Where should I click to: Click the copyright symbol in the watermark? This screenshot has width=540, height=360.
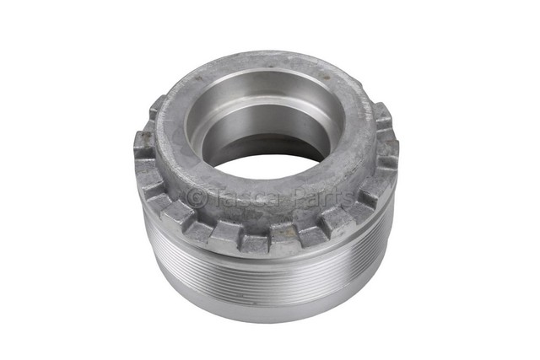click(x=196, y=197)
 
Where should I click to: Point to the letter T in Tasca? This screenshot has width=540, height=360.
click(x=216, y=197)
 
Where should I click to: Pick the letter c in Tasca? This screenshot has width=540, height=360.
click(x=253, y=199)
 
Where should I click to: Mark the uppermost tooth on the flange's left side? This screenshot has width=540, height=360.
click(x=158, y=107)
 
